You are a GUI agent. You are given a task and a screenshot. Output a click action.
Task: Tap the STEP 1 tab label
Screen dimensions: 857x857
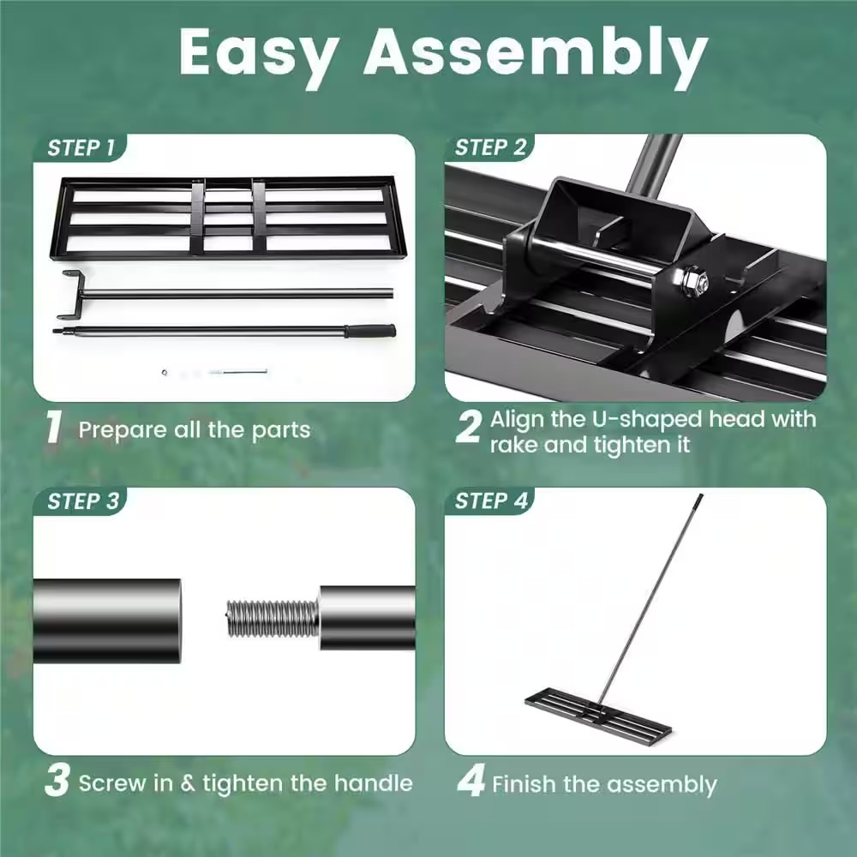(81, 147)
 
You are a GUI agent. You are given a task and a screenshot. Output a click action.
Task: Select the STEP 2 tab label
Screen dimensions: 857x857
(490, 147)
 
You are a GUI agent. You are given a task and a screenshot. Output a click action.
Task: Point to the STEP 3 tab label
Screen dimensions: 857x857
(83, 501)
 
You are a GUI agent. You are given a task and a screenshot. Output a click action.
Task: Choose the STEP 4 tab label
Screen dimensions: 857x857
(491, 501)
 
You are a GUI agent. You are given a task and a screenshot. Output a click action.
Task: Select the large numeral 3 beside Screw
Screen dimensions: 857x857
(57, 782)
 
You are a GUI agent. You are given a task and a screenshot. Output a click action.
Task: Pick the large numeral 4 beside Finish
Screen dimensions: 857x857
(471, 782)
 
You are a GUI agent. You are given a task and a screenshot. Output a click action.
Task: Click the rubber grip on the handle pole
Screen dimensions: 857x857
(370, 330)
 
